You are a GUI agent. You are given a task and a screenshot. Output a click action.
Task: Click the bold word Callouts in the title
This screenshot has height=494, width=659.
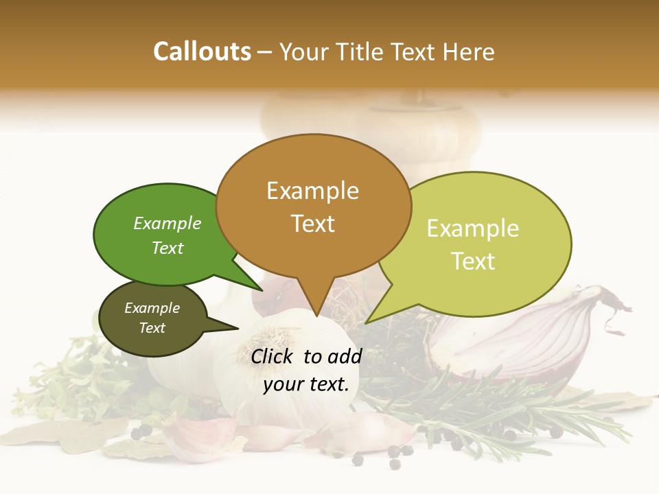(202, 51)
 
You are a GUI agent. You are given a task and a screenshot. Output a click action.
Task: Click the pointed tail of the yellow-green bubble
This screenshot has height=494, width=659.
(367, 322)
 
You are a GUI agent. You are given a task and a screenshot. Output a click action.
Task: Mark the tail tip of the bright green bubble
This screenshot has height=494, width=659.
(262, 290)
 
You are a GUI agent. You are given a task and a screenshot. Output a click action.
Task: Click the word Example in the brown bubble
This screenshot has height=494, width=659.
(312, 190)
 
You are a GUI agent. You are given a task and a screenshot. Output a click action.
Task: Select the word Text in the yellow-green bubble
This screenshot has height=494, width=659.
(473, 261)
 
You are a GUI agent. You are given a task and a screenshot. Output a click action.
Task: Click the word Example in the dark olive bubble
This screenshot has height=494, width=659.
(152, 308)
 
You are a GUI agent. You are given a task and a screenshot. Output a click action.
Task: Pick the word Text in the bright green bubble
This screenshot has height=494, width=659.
(167, 248)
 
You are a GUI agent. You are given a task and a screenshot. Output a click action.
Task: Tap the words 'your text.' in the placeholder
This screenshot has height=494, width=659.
(306, 384)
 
